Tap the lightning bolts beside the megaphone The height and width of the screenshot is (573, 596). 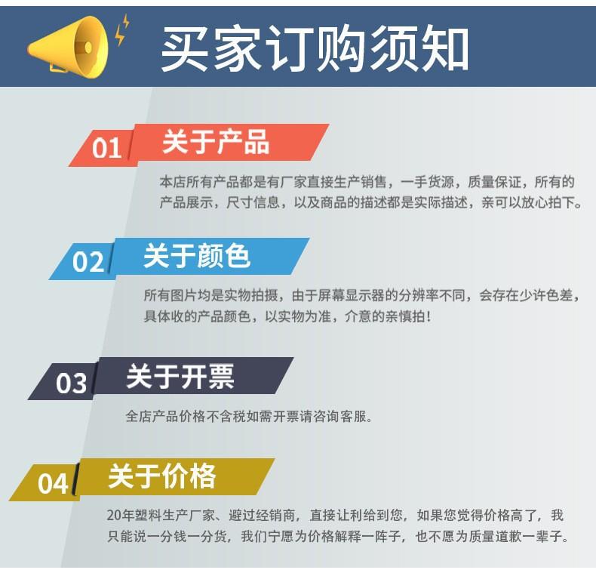pos(122,29)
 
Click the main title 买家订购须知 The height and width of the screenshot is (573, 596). pos(315,48)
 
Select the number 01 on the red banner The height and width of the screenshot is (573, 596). pos(106,148)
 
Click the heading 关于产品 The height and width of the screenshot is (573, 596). pos(216,141)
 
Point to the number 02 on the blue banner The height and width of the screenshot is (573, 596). pos(88,262)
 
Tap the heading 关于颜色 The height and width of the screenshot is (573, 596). pos(197,256)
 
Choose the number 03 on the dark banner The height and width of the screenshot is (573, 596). pos(71,383)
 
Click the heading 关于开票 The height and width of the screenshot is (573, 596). pos(180,376)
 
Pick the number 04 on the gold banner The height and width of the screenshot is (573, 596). pos(53,484)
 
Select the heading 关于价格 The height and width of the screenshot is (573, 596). pos(162,476)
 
